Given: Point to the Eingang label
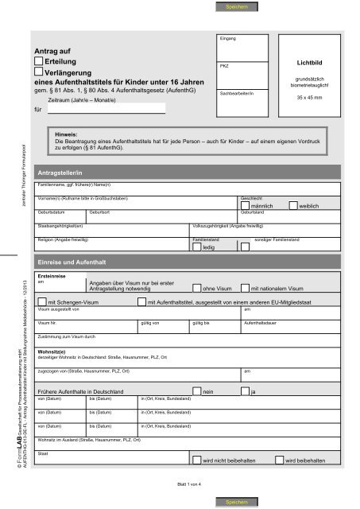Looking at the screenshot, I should pyautogui.click(x=226, y=38).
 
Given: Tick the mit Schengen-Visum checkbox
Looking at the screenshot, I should pyautogui.click(x=43, y=302).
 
